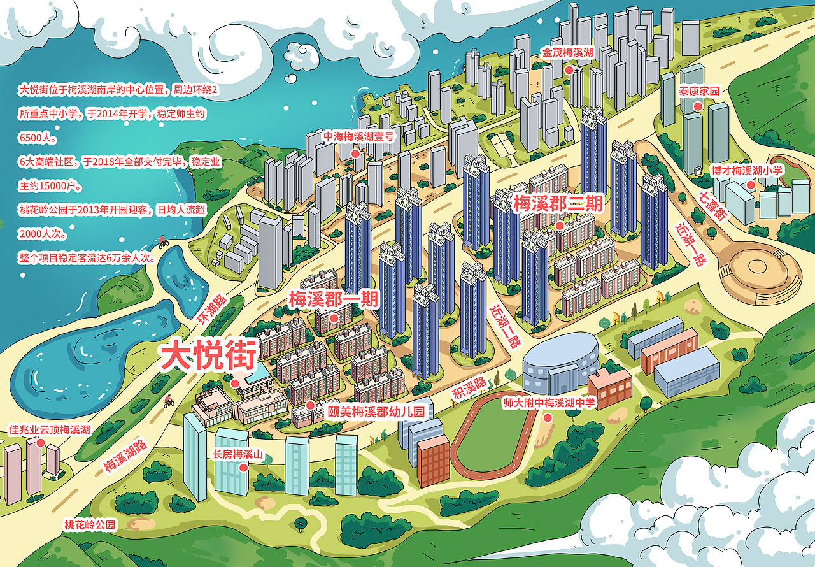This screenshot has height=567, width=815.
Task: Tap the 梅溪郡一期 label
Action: click(334, 299)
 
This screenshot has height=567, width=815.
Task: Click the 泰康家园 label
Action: click(699, 91)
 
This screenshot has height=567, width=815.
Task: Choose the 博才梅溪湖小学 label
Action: click(746, 171)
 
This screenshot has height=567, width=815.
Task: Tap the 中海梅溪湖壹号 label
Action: click(359, 136)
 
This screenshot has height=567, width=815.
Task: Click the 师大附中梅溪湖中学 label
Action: click(549, 403)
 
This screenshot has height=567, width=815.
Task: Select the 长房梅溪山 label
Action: click(237, 454)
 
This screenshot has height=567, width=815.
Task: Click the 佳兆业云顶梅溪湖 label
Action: click(50, 429)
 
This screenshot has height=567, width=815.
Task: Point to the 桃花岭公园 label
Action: click(90, 525)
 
